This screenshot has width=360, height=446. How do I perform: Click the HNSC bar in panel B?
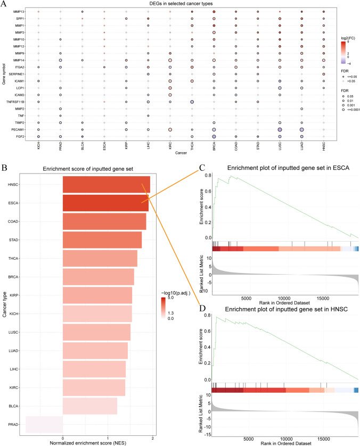pos(106,184)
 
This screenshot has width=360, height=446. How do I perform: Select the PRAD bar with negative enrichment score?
pos(44,424)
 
